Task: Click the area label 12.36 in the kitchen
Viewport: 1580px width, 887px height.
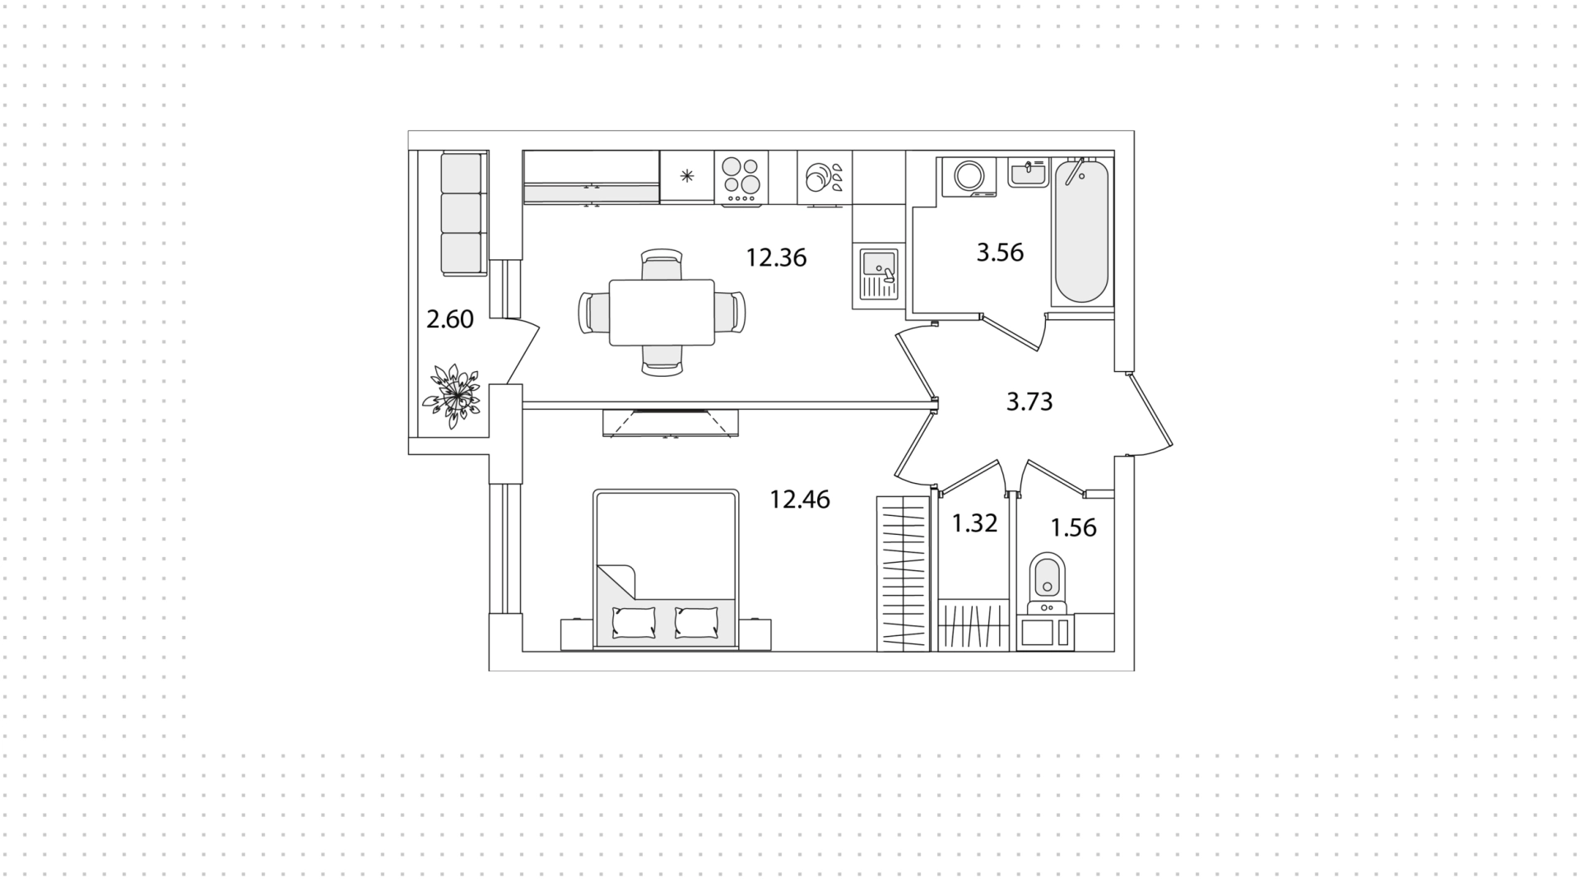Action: (776, 258)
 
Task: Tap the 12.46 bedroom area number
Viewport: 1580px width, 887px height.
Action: (800, 499)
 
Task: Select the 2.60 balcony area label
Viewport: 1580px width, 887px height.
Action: (450, 319)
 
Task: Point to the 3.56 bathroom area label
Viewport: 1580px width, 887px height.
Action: (1000, 253)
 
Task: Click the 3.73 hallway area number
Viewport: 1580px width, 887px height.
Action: (1029, 402)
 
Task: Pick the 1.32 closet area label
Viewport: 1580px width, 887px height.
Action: (974, 523)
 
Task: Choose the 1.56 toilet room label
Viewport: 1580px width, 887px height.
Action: (1074, 527)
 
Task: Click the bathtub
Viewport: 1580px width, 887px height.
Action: (1080, 231)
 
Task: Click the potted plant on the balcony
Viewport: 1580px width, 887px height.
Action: (451, 397)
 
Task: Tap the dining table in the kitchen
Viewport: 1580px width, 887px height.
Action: (662, 313)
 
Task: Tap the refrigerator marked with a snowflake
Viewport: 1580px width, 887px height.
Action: (687, 176)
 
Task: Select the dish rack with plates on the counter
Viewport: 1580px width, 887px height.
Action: (824, 178)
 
